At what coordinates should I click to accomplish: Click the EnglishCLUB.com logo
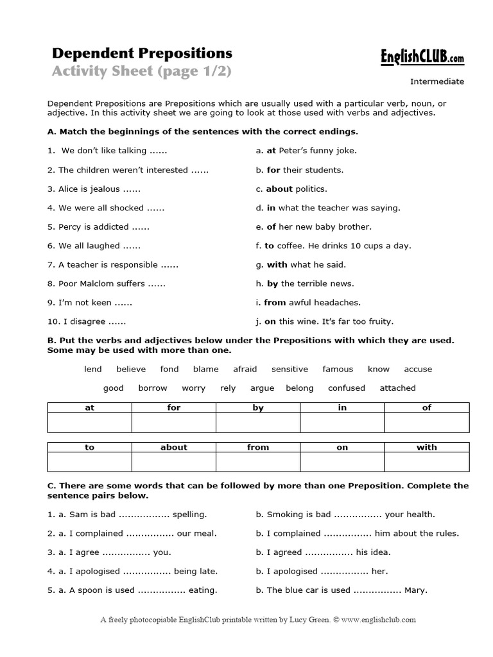[x=422, y=58]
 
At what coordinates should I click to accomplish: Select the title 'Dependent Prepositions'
[x=142, y=53]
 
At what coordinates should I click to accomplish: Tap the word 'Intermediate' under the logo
[x=437, y=81]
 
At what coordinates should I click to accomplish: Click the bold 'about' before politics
[x=279, y=189]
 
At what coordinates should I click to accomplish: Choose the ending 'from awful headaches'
[x=312, y=303]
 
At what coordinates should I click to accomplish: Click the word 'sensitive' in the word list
[x=290, y=369]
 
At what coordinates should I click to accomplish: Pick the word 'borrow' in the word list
[x=153, y=388]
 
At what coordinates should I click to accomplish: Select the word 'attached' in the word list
[x=397, y=388]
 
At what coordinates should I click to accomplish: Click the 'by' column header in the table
[x=258, y=408]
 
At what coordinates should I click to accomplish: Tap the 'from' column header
[x=258, y=448]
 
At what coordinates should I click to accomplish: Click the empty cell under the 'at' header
[x=90, y=423]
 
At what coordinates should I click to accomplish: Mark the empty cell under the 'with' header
[x=427, y=463]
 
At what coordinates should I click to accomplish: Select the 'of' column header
[x=427, y=408]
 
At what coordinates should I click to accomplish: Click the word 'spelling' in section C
[x=189, y=515]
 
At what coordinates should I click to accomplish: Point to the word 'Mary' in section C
[x=415, y=590]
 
